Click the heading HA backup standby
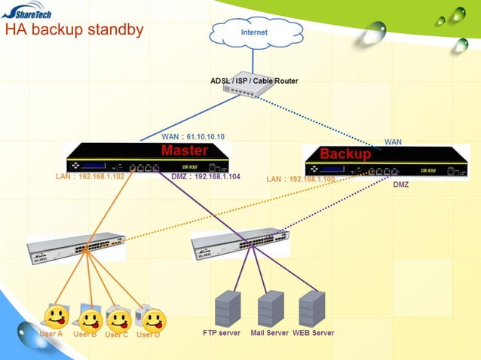coord(74,31)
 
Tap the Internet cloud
coord(253,32)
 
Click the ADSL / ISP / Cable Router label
coord(253,81)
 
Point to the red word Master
coord(184,151)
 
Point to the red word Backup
coord(345,154)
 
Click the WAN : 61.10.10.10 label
coord(192,137)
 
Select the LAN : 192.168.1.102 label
coord(90,177)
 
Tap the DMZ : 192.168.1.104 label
coord(206,177)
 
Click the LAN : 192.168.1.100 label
coord(300,179)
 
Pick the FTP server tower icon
coord(227,307)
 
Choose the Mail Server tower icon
coord(270,307)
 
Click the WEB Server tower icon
coord(311,307)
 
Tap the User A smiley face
coord(54,316)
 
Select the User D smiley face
coord(153,321)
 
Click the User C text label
coord(116,334)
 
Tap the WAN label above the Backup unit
coord(393,142)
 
